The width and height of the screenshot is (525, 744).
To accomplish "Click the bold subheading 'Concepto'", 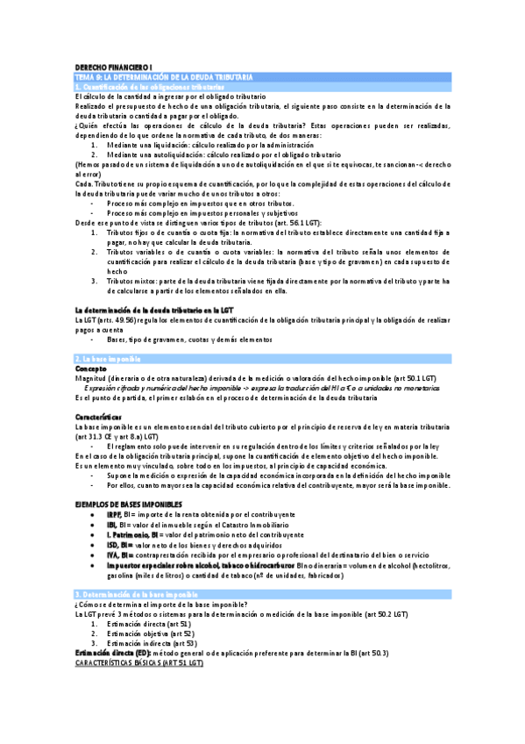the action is click(x=92, y=369).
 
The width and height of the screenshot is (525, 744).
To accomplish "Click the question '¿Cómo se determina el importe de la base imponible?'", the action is click(x=160, y=604).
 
